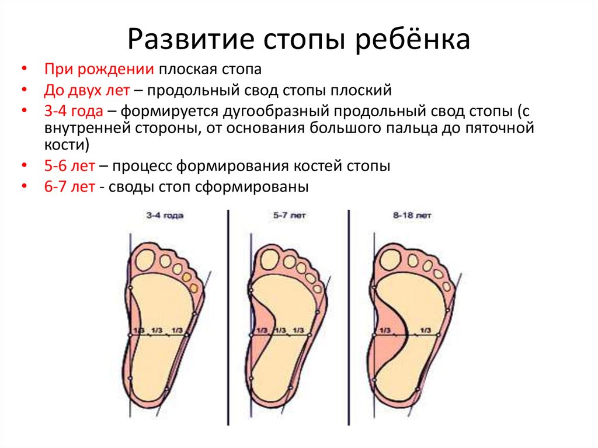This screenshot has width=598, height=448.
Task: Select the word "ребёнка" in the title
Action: [x=412, y=39]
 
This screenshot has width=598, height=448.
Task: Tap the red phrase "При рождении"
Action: [x=99, y=70]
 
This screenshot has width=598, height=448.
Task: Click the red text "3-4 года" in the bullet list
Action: [x=74, y=111]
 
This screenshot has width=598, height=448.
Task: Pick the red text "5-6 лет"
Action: [x=69, y=166]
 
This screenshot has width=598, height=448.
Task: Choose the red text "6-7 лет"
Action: [x=69, y=187]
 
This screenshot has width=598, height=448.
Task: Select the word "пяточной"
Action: [x=499, y=128]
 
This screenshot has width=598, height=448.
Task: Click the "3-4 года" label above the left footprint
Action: [x=165, y=215]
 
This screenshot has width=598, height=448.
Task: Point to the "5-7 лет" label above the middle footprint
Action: [x=290, y=215]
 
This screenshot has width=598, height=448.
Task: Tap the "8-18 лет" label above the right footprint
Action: [x=412, y=215]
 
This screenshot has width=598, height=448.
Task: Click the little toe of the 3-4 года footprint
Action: [x=194, y=287]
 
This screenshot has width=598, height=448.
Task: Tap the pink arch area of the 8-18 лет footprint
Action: [x=389, y=336]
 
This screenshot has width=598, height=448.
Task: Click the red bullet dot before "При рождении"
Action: [x=25, y=69]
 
